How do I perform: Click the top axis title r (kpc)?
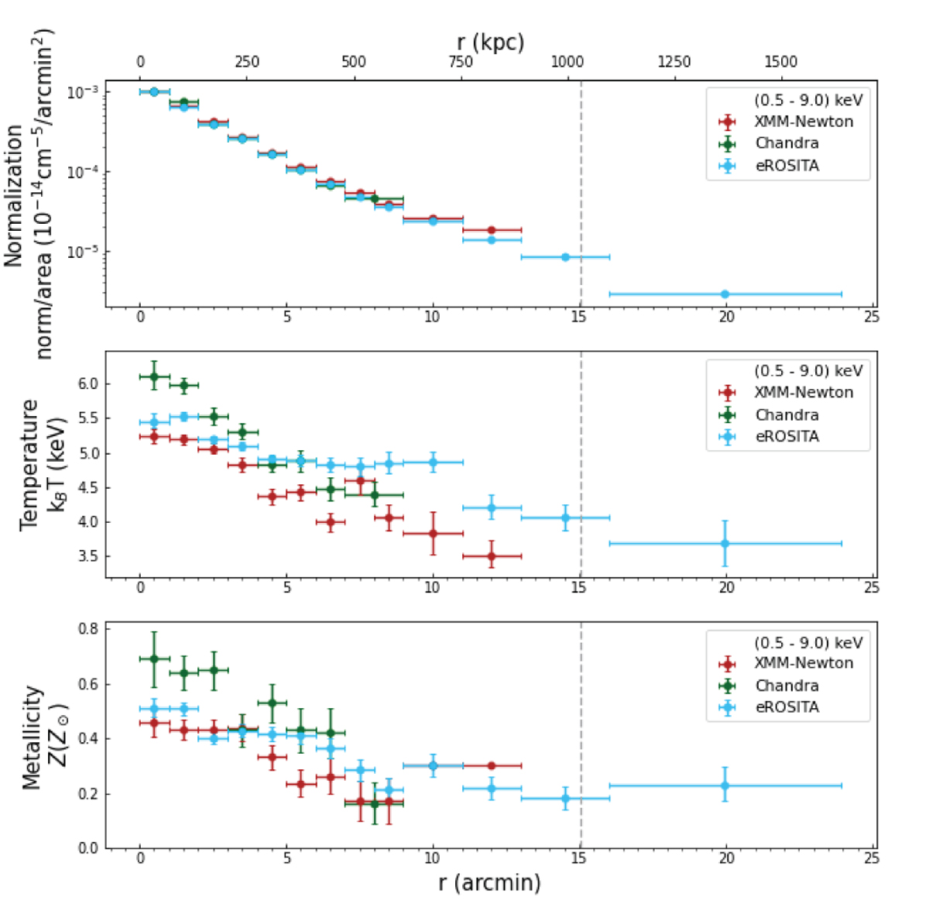pos(490,42)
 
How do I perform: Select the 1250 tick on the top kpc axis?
pos(674,62)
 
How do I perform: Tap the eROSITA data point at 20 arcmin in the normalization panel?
pos(725,294)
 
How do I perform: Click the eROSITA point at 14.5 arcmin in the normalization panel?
pos(565,257)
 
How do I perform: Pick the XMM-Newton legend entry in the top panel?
pos(803,122)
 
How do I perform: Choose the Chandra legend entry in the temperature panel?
pos(787,414)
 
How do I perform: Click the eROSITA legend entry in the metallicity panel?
pos(787,707)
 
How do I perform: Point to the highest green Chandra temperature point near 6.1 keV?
pos(154,376)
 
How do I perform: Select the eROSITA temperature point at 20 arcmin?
pos(725,543)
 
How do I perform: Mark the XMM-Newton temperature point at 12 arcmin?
pos(492,555)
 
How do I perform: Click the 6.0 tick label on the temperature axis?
pos(88,384)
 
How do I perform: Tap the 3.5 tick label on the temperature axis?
pos(88,556)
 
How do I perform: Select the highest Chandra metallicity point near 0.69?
pos(154,658)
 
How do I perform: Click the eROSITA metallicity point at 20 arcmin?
pos(725,786)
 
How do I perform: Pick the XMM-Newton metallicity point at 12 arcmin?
pos(492,765)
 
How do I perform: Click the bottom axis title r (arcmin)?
pos(490,883)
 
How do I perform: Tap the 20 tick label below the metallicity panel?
pos(725,858)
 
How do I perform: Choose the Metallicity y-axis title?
pos(43,736)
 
